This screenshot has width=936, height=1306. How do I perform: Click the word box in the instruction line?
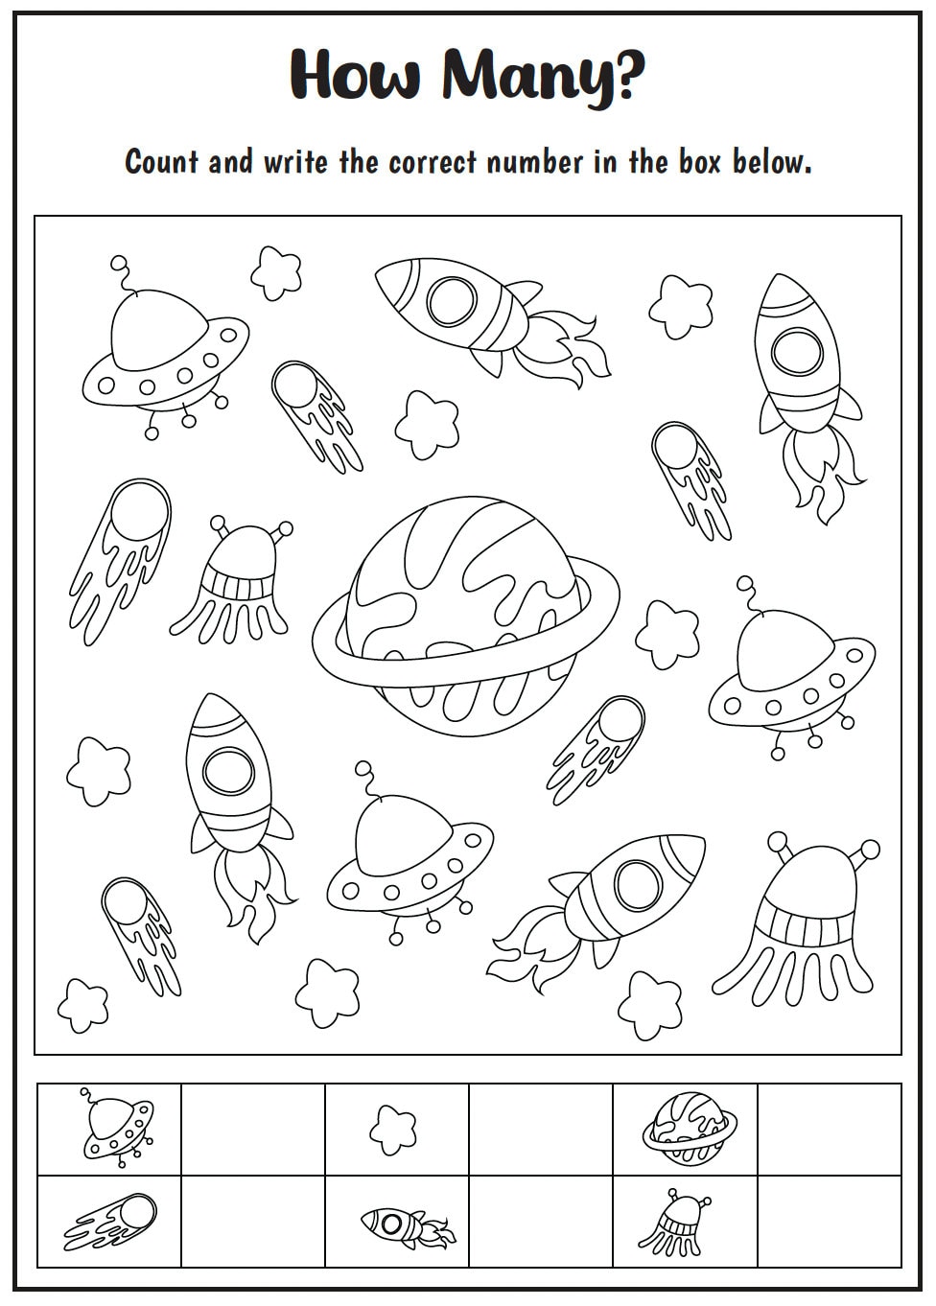click(x=699, y=161)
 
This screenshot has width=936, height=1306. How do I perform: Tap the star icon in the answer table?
click(x=393, y=1129)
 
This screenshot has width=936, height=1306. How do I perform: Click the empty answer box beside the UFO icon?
click(x=253, y=1129)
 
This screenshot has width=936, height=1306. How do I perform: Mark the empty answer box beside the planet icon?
click(x=830, y=1129)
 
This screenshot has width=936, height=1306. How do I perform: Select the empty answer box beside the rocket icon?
click(x=541, y=1221)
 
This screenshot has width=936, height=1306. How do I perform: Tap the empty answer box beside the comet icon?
click(x=253, y=1221)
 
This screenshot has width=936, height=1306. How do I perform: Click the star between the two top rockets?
click(x=681, y=302)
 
